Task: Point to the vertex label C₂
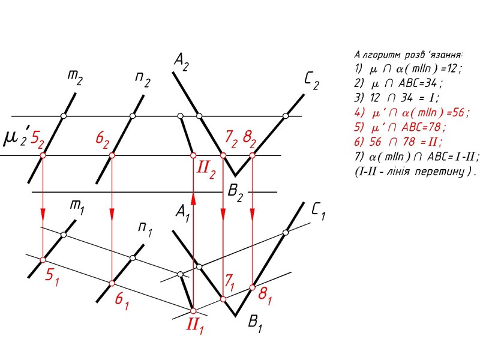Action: click(311, 82)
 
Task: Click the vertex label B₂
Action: click(236, 193)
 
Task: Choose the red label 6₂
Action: click(104, 140)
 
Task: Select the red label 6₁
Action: click(122, 298)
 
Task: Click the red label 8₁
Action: click(264, 294)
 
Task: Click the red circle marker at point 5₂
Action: click(43, 156)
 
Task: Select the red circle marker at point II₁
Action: click(193, 311)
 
